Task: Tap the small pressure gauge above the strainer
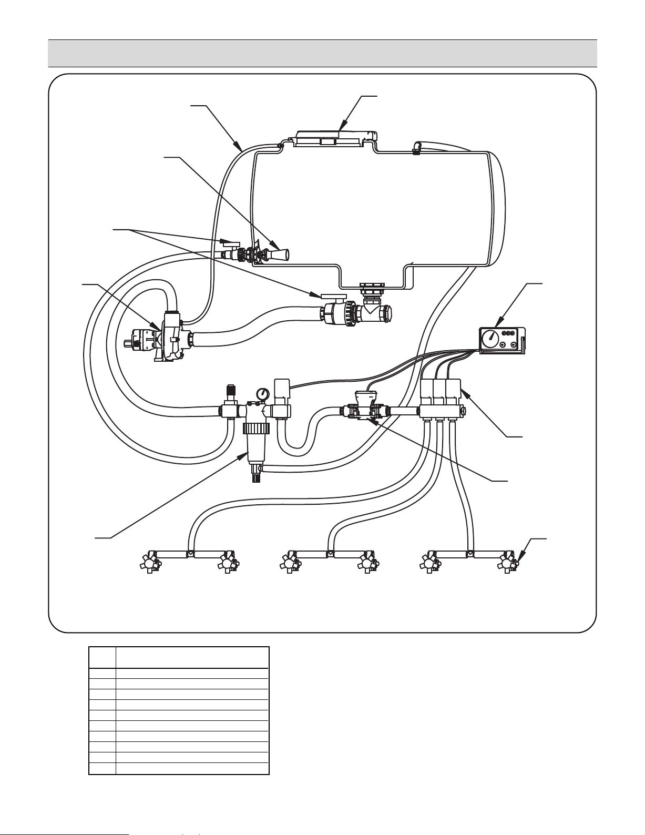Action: point(261,393)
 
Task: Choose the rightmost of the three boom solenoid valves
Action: point(453,392)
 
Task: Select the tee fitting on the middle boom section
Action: point(329,554)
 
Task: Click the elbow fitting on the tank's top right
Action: point(417,147)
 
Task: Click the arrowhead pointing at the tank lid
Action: point(342,128)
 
